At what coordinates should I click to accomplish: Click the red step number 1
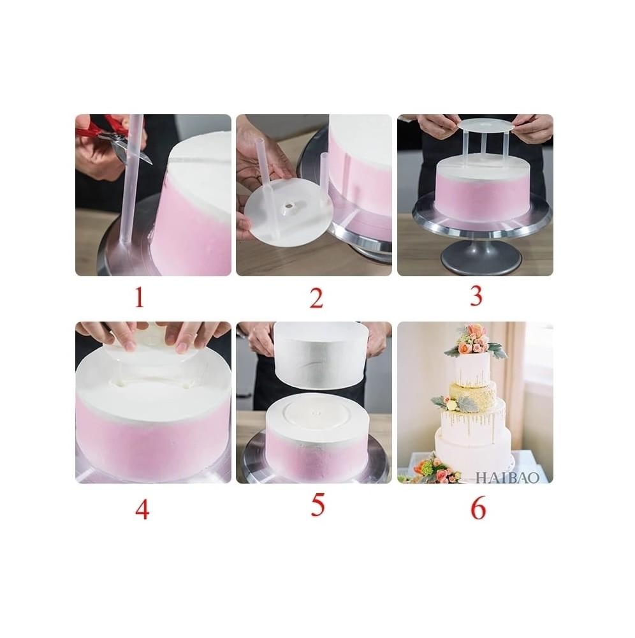140,297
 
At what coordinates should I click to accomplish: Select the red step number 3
476,296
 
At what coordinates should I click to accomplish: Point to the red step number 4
142,509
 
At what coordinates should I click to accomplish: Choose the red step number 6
478,508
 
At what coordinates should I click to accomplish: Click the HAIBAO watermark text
507,477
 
